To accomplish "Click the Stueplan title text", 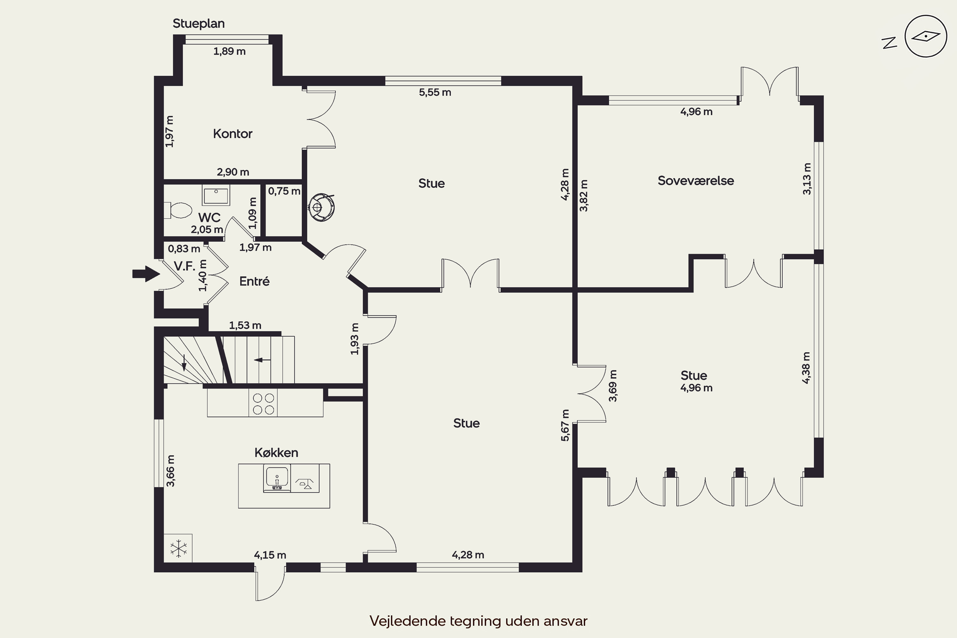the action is click(x=198, y=24).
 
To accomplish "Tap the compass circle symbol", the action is click(x=926, y=36).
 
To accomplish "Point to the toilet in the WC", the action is click(x=178, y=210).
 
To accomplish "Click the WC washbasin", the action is click(x=216, y=195).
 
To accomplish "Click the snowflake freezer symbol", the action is click(x=178, y=548).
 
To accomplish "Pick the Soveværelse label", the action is click(x=696, y=181).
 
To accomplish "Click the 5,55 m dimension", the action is click(x=435, y=93).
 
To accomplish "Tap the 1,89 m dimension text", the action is click(x=229, y=51).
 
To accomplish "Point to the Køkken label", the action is click(x=276, y=452).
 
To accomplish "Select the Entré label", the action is click(x=254, y=281).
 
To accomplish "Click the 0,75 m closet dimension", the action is click(x=284, y=191).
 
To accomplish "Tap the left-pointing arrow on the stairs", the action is click(x=263, y=360).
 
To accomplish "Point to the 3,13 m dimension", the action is click(x=806, y=179).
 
